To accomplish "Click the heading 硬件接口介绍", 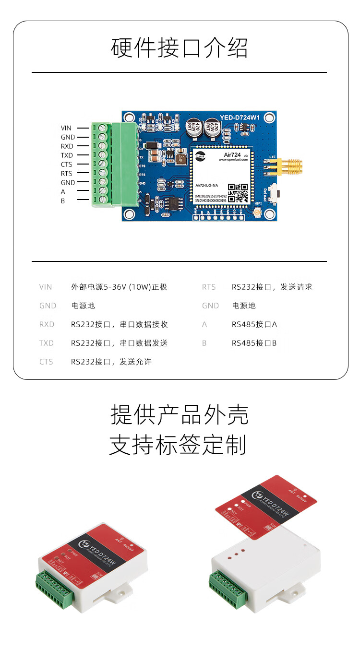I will pos(180,48).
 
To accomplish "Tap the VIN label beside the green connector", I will pos(66,128).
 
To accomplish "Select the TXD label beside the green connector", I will pos(67,155).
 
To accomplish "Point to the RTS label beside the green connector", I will pos(66,174).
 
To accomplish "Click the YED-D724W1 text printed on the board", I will pos(240,117).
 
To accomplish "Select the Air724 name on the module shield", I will pos(234,156).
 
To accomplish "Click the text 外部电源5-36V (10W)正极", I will pos(119,287).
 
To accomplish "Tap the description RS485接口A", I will pos(254,325).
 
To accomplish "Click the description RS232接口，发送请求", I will pos(272,287).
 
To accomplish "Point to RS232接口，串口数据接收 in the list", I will pos(120,325).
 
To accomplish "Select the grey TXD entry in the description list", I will pos(47,343).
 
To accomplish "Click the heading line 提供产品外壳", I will pos(180,415).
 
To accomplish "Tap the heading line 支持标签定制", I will pos(178,445).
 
